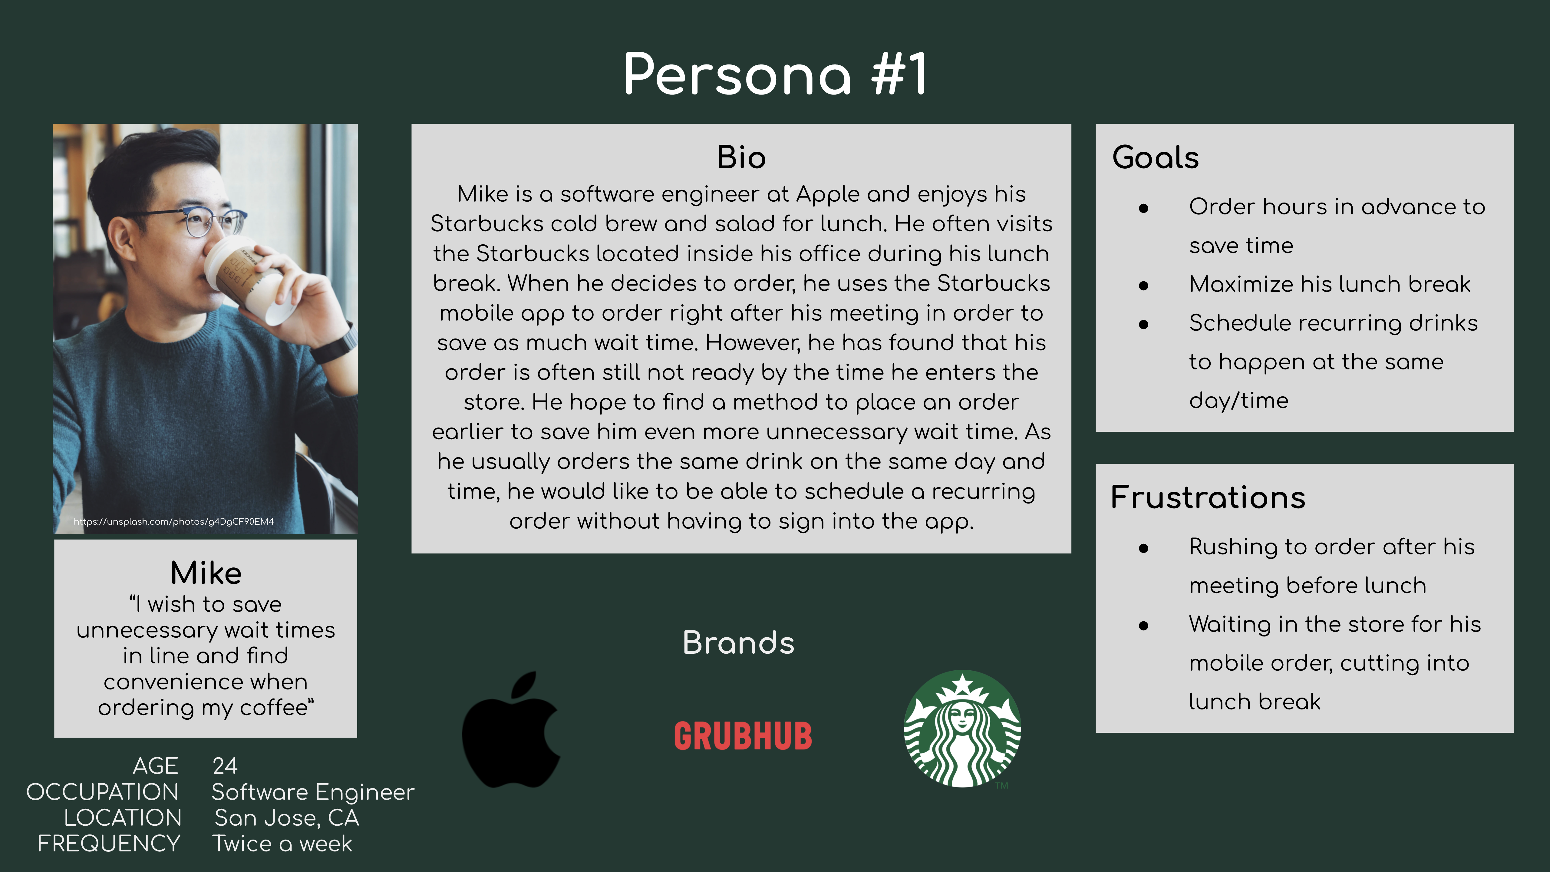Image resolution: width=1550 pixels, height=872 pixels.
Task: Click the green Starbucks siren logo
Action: (x=962, y=729)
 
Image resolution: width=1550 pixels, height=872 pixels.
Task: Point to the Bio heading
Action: (x=741, y=158)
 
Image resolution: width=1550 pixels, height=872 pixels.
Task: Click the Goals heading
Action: (x=1155, y=158)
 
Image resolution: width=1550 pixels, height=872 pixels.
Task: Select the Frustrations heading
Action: (x=1208, y=498)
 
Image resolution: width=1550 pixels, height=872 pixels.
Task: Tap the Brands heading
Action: (x=738, y=643)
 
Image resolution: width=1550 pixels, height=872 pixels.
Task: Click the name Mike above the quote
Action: (x=206, y=573)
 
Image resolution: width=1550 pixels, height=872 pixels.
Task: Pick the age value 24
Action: (x=225, y=766)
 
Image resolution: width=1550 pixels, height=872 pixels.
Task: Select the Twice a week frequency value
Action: (x=282, y=844)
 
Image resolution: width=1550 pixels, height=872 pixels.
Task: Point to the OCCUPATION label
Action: (x=102, y=792)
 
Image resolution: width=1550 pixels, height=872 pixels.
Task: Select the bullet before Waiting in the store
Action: (x=1143, y=626)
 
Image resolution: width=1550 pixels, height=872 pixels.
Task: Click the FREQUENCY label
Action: (x=109, y=844)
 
